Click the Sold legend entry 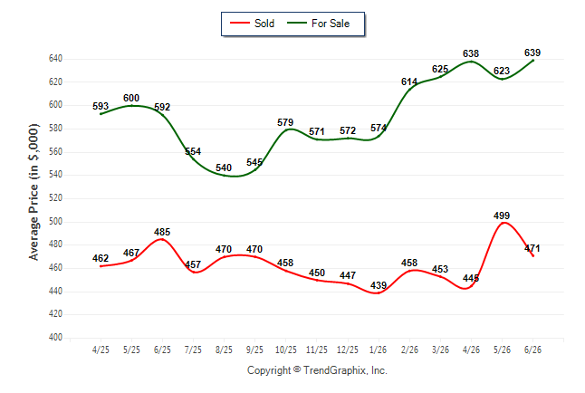[253, 24]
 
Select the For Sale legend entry [318, 24]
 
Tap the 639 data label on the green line [532, 53]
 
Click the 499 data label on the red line [502, 216]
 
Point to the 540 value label [224, 168]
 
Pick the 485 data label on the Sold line [162, 232]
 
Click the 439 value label [379, 285]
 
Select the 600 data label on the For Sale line [131, 98]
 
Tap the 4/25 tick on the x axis [101, 350]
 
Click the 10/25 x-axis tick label [286, 350]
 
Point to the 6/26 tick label [532, 350]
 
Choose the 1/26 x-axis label [379, 350]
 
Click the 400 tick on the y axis [55, 337]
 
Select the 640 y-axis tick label [55, 58]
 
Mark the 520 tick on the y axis [55, 197]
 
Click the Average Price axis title [34, 192]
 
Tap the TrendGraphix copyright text [317, 370]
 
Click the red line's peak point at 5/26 [503, 223]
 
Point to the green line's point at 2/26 [409, 90]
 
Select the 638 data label [471, 53]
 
